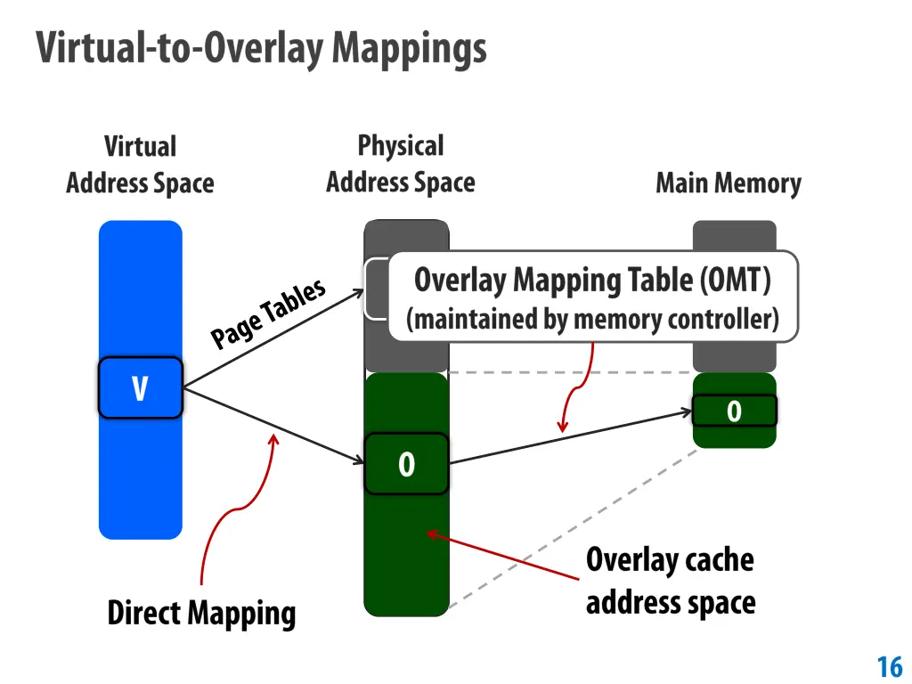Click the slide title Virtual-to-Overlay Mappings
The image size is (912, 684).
click(x=262, y=48)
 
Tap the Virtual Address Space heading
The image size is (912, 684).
click(x=140, y=165)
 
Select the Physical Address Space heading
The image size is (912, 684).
click(x=400, y=164)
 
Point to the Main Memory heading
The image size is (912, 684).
click(x=729, y=183)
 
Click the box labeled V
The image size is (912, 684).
click(x=140, y=388)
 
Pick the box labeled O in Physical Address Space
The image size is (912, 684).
click(x=406, y=464)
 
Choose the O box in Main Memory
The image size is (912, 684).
click(x=734, y=411)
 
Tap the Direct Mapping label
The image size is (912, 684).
click(x=201, y=614)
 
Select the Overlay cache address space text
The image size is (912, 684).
click(x=670, y=581)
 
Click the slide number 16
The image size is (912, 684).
click(x=890, y=666)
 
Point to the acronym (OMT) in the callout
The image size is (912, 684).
click(x=735, y=281)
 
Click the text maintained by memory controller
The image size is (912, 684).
click(x=592, y=319)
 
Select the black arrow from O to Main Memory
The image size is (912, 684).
click(x=570, y=437)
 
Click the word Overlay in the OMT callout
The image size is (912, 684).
click(x=461, y=281)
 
